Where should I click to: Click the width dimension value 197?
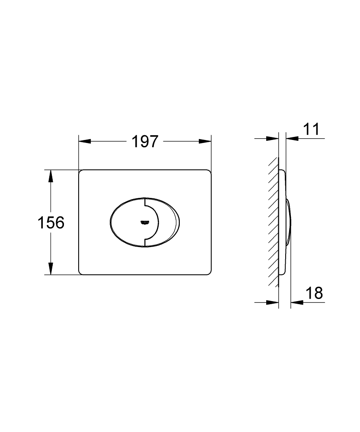pyautogui.click(x=145, y=141)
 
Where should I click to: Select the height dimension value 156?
pyautogui.click(x=51, y=222)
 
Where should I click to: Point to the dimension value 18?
pyautogui.click(x=314, y=293)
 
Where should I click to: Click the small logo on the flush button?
pyautogui.click(x=144, y=222)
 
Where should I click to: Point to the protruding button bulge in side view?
pyautogui.click(x=290, y=222)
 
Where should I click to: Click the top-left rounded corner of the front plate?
pyautogui.click(x=80, y=172)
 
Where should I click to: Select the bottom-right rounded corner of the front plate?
pyautogui.click(x=209, y=272)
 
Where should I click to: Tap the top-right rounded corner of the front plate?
pyautogui.click(x=209, y=172)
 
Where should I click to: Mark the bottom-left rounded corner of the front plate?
pyautogui.click(x=80, y=272)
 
